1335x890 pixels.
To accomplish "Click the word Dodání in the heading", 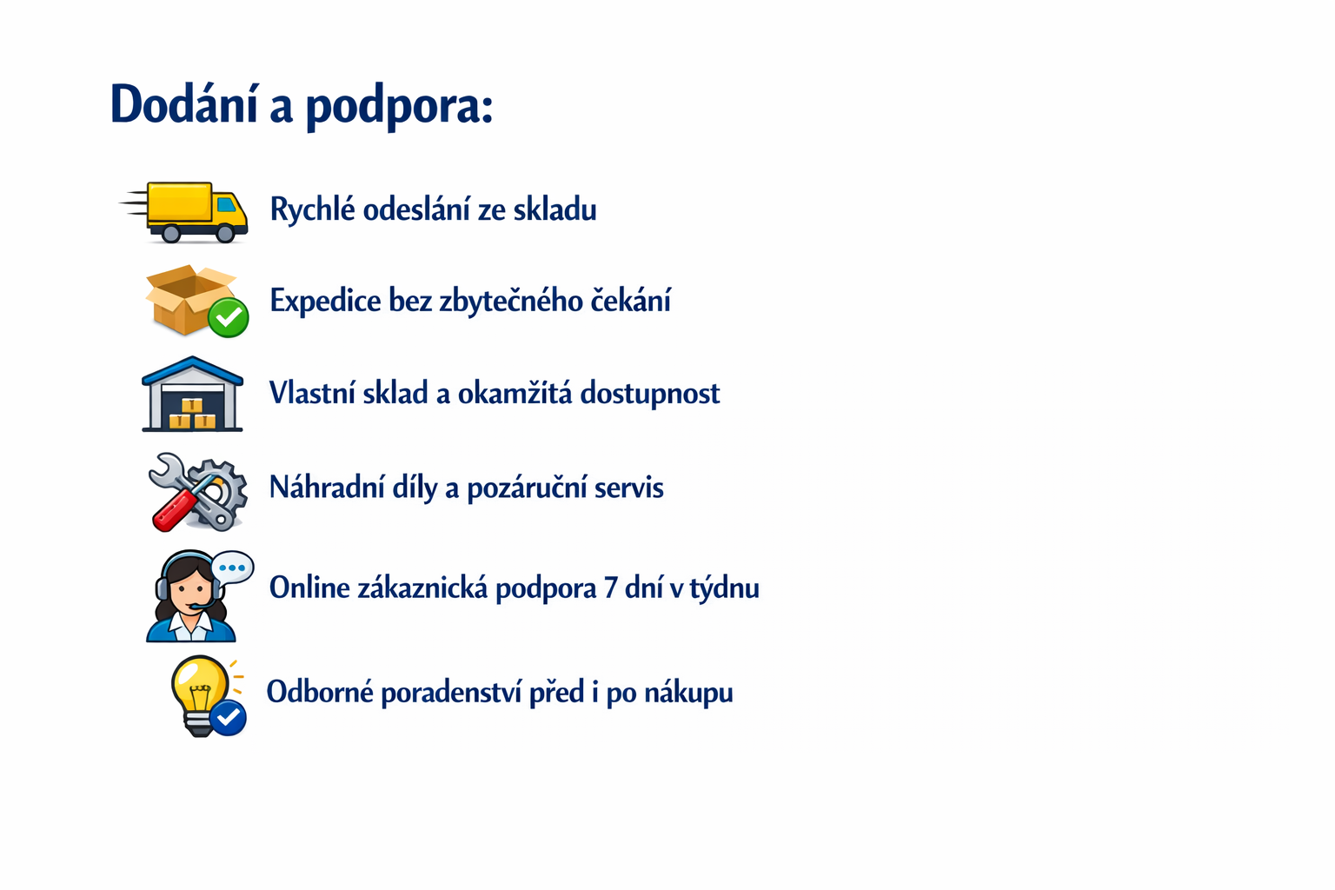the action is pyautogui.click(x=185, y=103).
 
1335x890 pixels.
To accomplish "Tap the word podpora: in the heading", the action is pyautogui.click(x=399, y=107).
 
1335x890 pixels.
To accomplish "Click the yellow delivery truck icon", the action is pyautogui.click(x=184, y=212).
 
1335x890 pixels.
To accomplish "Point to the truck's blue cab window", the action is pyautogui.click(x=227, y=205).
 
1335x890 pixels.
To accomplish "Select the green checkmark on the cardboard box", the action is pyautogui.click(x=229, y=318).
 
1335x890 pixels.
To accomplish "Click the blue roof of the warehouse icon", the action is pyautogui.click(x=192, y=369).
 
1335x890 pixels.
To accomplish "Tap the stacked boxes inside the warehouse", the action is pyautogui.click(x=192, y=414).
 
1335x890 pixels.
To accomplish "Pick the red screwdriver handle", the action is pyautogui.click(x=174, y=510).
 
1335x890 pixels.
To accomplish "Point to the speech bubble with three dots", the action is pyautogui.click(x=232, y=568).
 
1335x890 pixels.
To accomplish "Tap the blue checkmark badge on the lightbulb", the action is pyautogui.click(x=228, y=718).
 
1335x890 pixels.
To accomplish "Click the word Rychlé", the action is pyautogui.click(x=313, y=209).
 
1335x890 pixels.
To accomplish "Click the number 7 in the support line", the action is pyautogui.click(x=609, y=588).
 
